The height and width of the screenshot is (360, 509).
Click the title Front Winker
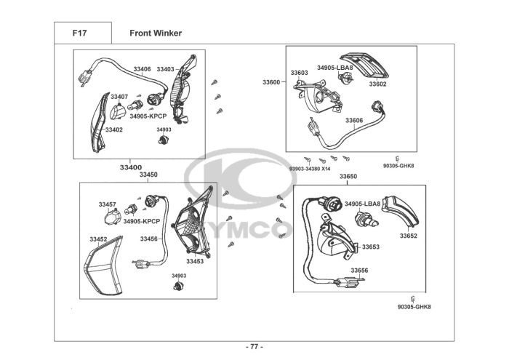pos(156,33)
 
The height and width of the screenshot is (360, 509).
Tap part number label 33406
pos(142,69)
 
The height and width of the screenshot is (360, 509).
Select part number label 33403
pos(165,69)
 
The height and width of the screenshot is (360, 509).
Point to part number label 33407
pos(119,97)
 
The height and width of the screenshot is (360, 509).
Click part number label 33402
pos(113,129)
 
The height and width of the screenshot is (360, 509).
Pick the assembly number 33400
pos(130,167)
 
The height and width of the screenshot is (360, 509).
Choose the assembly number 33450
pos(148,175)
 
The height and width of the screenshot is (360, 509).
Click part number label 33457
pos(108,204)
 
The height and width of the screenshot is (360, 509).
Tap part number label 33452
pos(98,239)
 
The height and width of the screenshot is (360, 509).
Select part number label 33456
pos(149,239)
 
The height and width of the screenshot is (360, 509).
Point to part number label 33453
pos(194,261)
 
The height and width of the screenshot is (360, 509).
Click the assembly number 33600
pos(271,82)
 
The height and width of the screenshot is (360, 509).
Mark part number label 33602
pos(377,84)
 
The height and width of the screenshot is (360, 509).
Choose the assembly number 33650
pos(348,177)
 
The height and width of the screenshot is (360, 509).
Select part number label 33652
pos(408,236)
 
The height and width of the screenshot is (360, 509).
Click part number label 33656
pos(359,270)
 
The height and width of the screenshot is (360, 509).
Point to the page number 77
pos(254,346)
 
